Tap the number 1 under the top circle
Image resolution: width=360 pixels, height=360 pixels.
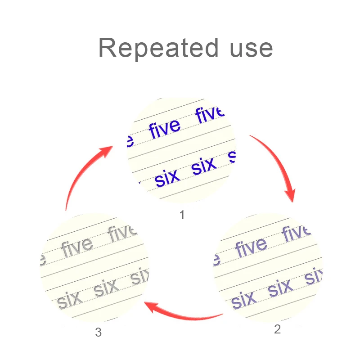(x=182, y=216)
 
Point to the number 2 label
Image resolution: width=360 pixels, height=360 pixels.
(x=277, y=329)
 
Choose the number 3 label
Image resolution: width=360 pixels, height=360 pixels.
(x=99, y=333)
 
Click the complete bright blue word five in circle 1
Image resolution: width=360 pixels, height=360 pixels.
(x=164, y=128)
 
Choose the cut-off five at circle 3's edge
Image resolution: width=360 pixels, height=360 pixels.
(x=122, y=233)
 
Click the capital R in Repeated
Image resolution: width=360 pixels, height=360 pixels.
(x=107, y=48)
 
